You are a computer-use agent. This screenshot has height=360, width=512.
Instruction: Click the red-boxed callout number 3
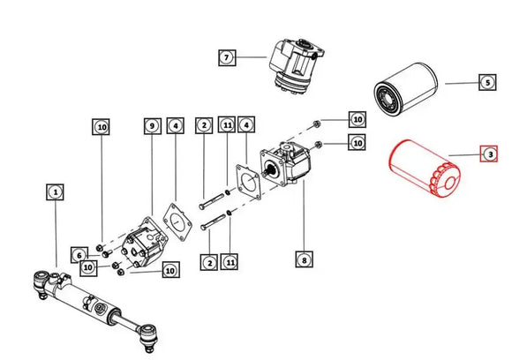point(488,154)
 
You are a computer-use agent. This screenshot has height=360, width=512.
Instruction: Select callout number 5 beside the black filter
point(486,83)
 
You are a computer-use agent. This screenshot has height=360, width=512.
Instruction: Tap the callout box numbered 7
point(227,57)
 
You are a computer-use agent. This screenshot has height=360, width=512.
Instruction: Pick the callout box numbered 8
point(303,259)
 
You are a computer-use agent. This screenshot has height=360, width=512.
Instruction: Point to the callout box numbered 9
point(152,128)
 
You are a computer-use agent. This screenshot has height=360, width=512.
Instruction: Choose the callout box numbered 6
point(79,255)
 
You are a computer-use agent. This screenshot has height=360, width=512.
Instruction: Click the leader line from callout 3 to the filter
point(463,156)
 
